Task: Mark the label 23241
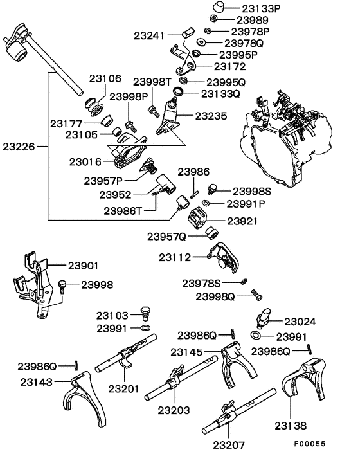pyautogui.click(x=150, y=34)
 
